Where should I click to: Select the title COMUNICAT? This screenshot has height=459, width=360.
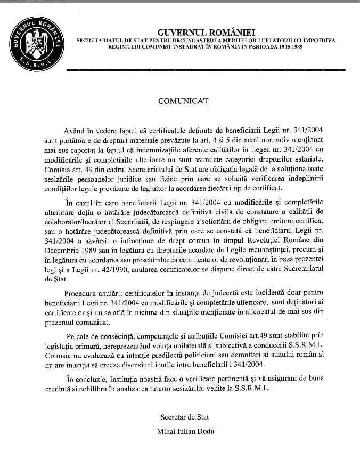[179, 100]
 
